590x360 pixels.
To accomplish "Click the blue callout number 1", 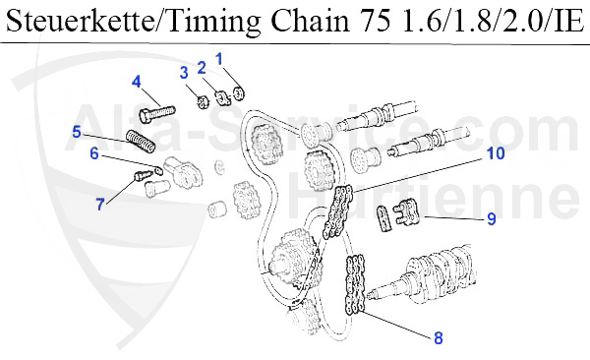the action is (x=219, y=59).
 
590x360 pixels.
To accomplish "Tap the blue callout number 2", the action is (x=202, y=68).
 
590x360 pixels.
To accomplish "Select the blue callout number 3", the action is (x=184, y=73).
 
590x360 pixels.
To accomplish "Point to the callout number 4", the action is (x=137, y=82).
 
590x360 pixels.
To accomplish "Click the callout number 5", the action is (x=77, y=132).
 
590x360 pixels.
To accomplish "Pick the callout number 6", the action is (x=94, y=153).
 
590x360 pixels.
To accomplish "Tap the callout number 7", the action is (x=100, y=205).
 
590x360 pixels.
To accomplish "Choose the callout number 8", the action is (x=439, y=337).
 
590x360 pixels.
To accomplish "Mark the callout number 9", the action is (x=492, y=218).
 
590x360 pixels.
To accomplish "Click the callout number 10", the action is (x=496, y=153).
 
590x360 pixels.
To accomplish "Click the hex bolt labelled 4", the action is (x=157, y=112).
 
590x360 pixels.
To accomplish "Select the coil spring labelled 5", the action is (x=141, y=142).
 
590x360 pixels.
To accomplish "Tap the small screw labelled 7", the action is (x=144, y=175).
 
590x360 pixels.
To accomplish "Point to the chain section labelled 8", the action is (x=355, y=284).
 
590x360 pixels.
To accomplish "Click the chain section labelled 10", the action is (x=337, y=211).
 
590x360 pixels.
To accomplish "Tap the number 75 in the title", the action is (x=376, y=21).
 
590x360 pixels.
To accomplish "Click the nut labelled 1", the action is (x=238, y=93).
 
